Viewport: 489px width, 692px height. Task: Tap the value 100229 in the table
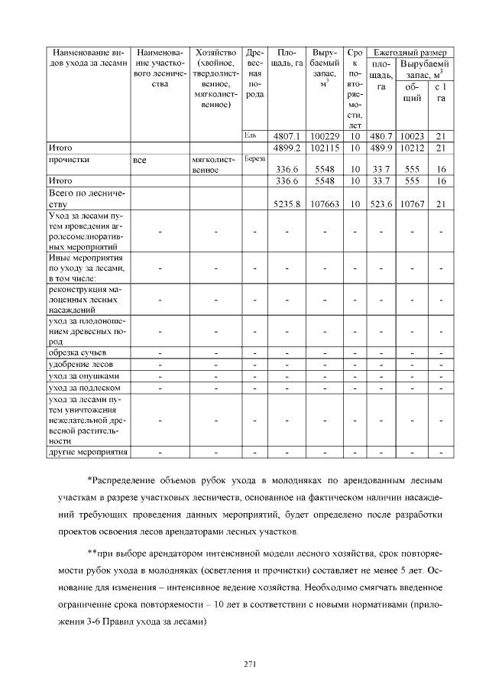(x=324, y=136)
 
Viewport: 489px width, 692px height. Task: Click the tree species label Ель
(x=250, y=135)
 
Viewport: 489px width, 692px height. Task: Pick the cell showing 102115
(x=324, y=148)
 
